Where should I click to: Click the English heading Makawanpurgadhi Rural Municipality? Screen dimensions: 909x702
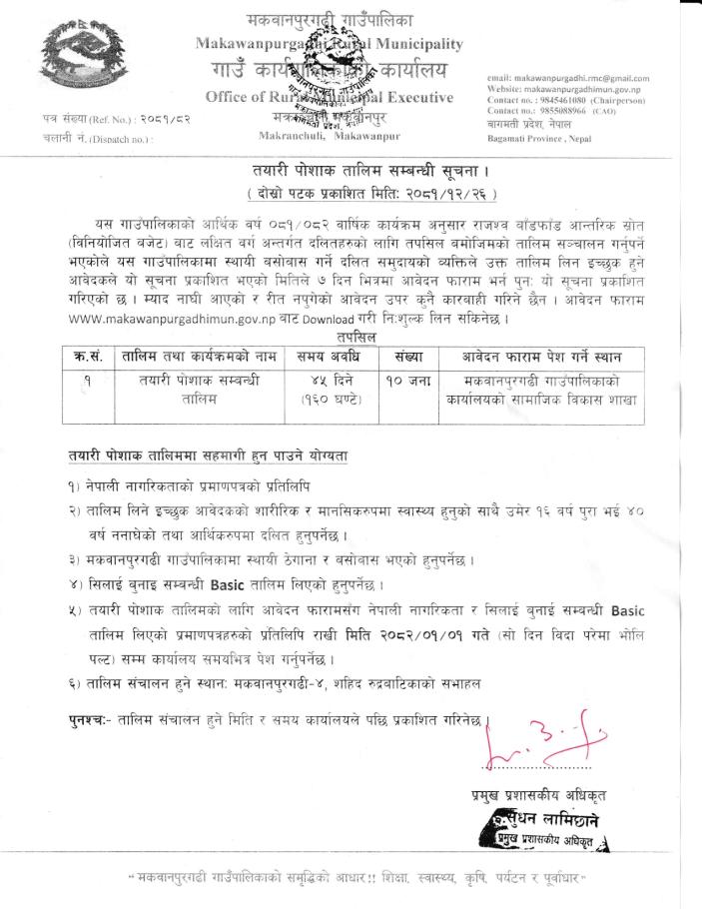(329, 44)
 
